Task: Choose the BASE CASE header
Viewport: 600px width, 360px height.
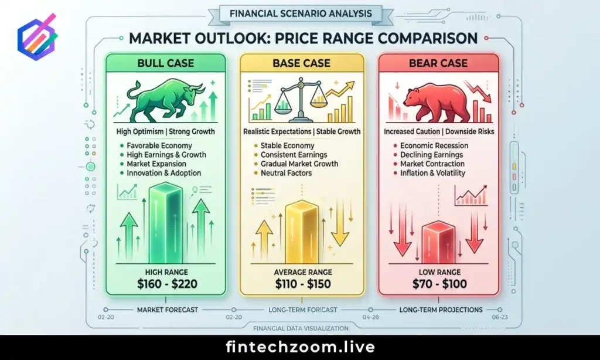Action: [302, 63]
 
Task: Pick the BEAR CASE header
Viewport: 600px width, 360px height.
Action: [438, 63]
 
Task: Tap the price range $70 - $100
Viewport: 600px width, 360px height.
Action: [440, 284]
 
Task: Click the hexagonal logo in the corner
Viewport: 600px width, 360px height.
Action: [37, 38]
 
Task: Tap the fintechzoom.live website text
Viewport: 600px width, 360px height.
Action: [300, 347]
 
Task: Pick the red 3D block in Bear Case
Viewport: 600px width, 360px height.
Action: [439, 242]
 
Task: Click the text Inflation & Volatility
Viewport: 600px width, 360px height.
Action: [433, 173]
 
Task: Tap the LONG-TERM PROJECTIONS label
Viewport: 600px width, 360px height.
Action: [441, 310]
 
